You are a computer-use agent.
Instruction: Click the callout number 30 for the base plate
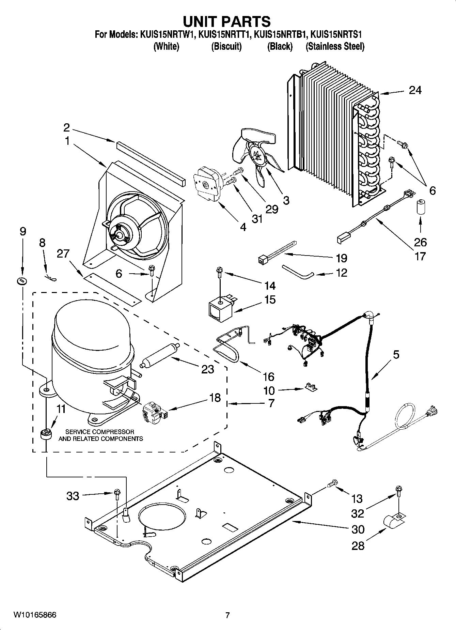357,529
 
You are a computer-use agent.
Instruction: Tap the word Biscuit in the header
226,46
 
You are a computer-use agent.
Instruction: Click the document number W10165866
35,615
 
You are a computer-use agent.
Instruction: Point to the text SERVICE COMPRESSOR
99,432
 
